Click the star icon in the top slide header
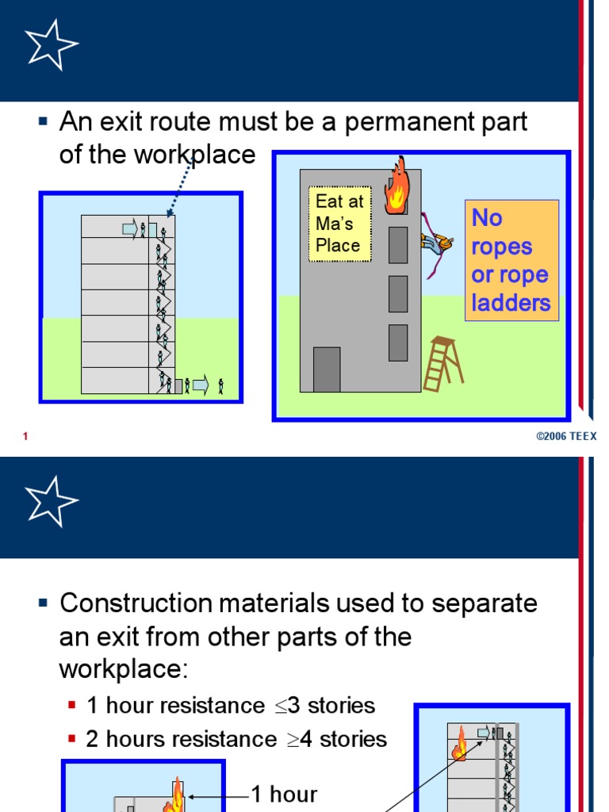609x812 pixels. (x=52, y=45)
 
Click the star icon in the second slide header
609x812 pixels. (x=52, y=501)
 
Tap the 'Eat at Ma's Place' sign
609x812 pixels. (x=339, y=224)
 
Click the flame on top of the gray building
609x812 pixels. (x=395, y=187)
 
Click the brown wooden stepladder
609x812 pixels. (x=442, y=363)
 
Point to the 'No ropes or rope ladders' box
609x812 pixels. (x=511, y=260)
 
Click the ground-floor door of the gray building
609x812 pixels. (x=327, y=370)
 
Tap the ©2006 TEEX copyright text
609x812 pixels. (x=566, y=437)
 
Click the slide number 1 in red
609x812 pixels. (x=26, y=437)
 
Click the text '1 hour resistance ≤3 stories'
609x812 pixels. (x=230, y=705)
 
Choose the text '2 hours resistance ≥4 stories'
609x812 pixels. (x=236, y=739)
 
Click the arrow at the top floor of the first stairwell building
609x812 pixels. (x=129, y=229)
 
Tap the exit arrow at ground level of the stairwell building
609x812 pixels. (x=200, y=386)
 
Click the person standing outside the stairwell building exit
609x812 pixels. (x=221, y=387)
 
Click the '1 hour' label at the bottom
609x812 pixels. (x=284, y=794)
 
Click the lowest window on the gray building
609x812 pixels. (x=398, y=343)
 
